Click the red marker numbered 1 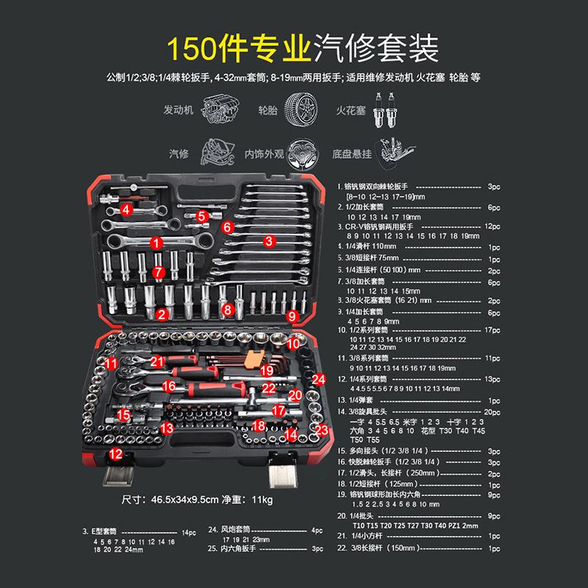(156, 242)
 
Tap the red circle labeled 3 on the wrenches (269, 240)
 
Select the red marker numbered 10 (293, 343)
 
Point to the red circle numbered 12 (116, 453)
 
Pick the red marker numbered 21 (156, 362)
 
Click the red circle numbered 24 (318, 379)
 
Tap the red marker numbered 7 (157, 272)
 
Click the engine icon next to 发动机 (217, 110)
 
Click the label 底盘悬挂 (351, 154)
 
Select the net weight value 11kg (262, 501)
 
